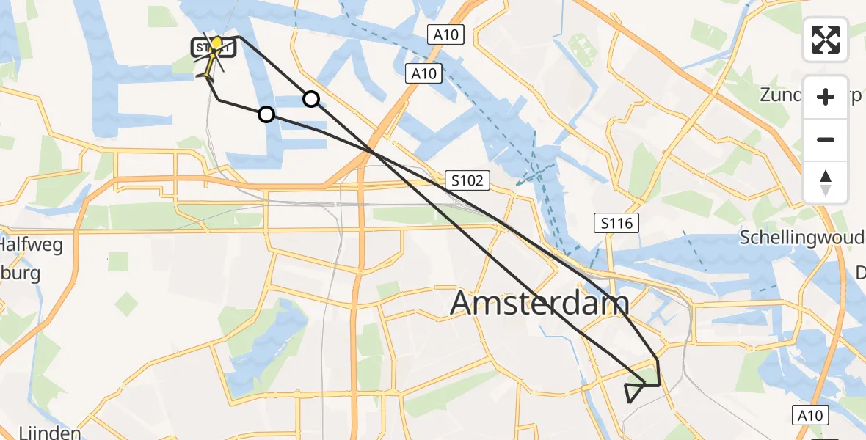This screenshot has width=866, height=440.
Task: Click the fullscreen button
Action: [x=826, y=40]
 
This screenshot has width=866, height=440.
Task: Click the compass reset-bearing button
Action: [x=826, y=183]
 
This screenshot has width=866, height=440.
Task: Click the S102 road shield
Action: [x=467, y=180]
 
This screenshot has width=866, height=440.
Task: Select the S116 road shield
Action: [x=615, y=222]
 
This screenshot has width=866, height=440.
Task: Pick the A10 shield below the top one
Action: [x=424, y=73]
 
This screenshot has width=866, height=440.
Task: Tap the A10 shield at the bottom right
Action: [x=810, y=415]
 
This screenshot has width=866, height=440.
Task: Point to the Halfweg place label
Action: [x=31, y=243]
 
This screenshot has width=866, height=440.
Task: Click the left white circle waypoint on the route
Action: [x=266, y=114]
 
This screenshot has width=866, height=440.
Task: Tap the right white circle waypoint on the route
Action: [x=311, y=99]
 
